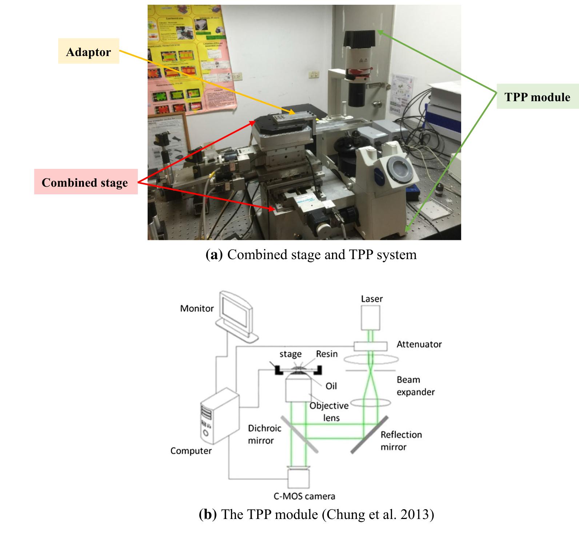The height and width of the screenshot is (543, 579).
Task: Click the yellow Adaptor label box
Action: click(88, 51)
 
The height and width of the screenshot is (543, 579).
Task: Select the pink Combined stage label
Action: click(85, 182)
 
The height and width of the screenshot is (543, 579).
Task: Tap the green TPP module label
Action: click(537, 97)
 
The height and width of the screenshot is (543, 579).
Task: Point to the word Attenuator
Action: click(419, 344)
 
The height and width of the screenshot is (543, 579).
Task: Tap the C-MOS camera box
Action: click(299, 478)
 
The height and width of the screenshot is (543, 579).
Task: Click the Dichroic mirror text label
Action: click(264, 434)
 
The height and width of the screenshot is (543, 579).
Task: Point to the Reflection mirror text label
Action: click(401, 440)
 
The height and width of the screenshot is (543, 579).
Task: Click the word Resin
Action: click(327, 354)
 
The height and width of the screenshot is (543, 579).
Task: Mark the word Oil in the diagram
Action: click(331, 386)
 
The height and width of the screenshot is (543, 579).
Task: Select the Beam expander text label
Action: click(415, 386)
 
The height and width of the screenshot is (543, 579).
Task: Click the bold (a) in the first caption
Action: click(214, 254)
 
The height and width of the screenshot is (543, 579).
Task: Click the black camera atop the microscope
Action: click(360, 38)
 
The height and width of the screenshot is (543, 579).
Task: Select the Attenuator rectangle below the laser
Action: click(371, 346)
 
